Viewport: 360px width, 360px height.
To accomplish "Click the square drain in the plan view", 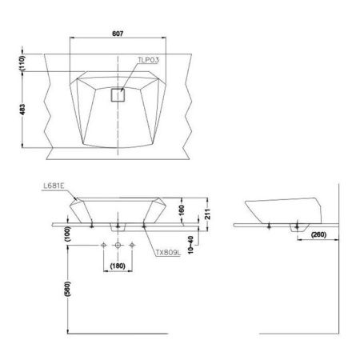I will tap(118, 95).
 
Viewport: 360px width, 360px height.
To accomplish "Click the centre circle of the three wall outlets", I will tap(118, 244).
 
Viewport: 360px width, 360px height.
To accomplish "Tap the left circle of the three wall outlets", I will tap(102, 244).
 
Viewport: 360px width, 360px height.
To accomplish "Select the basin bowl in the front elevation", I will tap(118, 210).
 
